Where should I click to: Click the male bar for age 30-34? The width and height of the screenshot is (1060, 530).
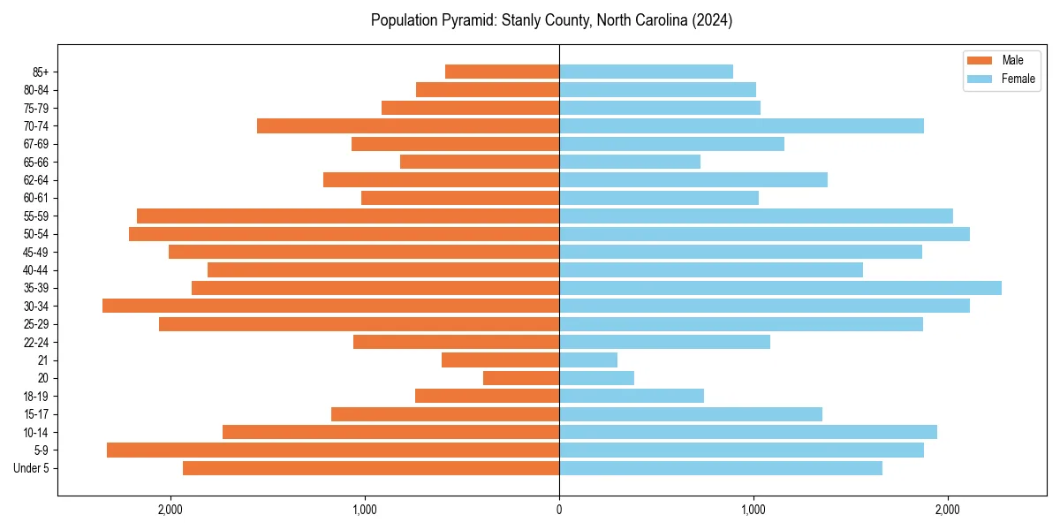coord(331,306)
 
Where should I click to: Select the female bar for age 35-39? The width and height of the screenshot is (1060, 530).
coord(780,288)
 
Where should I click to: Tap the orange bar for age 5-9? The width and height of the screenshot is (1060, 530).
coord(333,450)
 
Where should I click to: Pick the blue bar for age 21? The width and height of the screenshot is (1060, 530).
coord(588,360)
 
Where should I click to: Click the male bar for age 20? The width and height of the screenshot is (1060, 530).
coord(521,378)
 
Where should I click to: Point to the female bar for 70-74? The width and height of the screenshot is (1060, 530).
coord(741,125)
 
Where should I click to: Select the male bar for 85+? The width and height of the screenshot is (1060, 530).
coord(502,72)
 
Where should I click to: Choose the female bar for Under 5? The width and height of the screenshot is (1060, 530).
coord(721,468)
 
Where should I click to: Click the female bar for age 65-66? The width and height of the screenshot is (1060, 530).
coord(630,162)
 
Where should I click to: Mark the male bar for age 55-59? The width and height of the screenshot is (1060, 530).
coord(348,216)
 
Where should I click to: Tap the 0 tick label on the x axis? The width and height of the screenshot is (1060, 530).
coord(559,510)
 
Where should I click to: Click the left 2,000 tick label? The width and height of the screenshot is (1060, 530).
coord(170,510)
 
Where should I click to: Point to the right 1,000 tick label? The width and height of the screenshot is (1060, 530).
coord(753,510)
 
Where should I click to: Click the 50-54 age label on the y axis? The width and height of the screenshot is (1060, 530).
coord(34,234)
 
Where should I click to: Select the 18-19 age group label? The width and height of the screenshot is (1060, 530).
coord(34,396)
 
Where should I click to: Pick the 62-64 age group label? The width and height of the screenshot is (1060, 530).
coord(34,180)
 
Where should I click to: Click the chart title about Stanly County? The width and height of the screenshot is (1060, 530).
coord(551,20)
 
